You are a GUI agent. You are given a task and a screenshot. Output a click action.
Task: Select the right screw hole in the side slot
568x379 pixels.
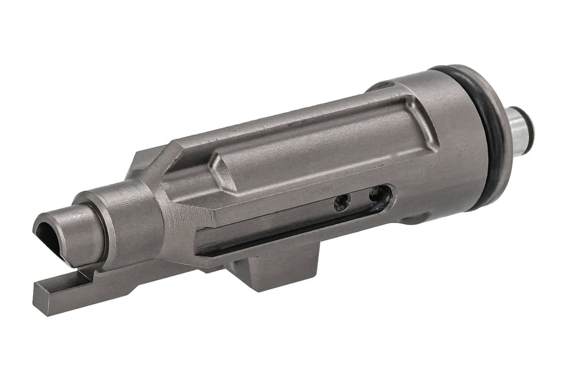pyautogui.click(x=375, y=194)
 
